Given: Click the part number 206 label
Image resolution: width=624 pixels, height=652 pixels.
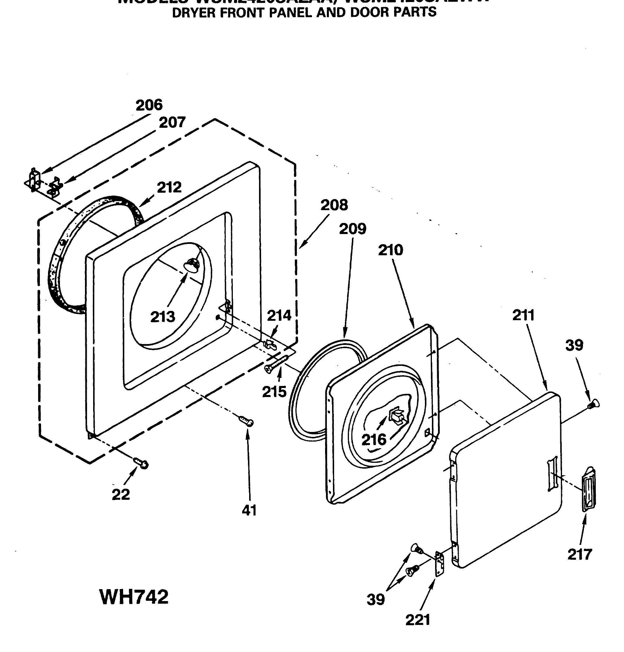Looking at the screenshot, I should (x=149, y=105).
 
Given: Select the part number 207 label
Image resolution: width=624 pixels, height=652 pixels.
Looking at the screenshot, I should (x=172, y=123).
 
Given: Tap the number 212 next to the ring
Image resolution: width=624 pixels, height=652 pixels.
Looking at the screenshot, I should (x=169, y=188).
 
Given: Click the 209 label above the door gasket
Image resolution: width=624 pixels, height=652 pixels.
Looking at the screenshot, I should (x=352, y=229).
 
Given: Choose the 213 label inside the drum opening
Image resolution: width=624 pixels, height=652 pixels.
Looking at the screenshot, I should (x=162, y=317).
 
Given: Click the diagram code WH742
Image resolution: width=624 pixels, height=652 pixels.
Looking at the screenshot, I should (x=134, y=597).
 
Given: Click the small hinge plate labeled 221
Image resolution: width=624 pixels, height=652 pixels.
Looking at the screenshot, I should (x=440, y=563).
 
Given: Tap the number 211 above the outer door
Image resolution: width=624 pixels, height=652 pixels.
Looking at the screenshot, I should (x=523, y=315).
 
